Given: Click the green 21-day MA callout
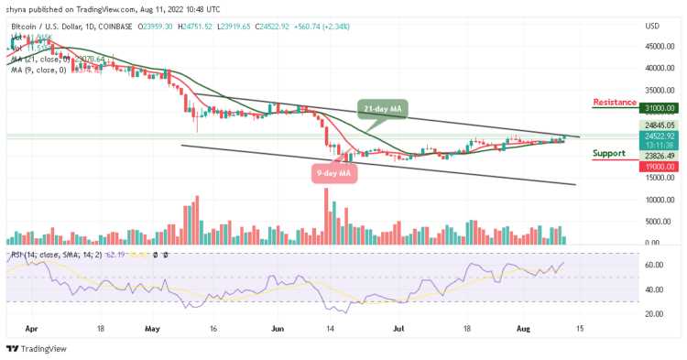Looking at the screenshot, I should [384, 111].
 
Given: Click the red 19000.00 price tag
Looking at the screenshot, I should [659, 167].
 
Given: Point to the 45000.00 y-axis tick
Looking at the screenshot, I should [659, 46].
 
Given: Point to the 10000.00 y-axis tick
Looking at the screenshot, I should [659, 199].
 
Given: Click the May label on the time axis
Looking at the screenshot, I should [152, 325].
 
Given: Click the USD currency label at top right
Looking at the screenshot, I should [653, 26].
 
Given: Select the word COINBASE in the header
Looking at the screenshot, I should [118, 26].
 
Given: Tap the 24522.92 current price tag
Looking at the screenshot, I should [659, 136].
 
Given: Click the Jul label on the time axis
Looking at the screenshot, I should [399, 325].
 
